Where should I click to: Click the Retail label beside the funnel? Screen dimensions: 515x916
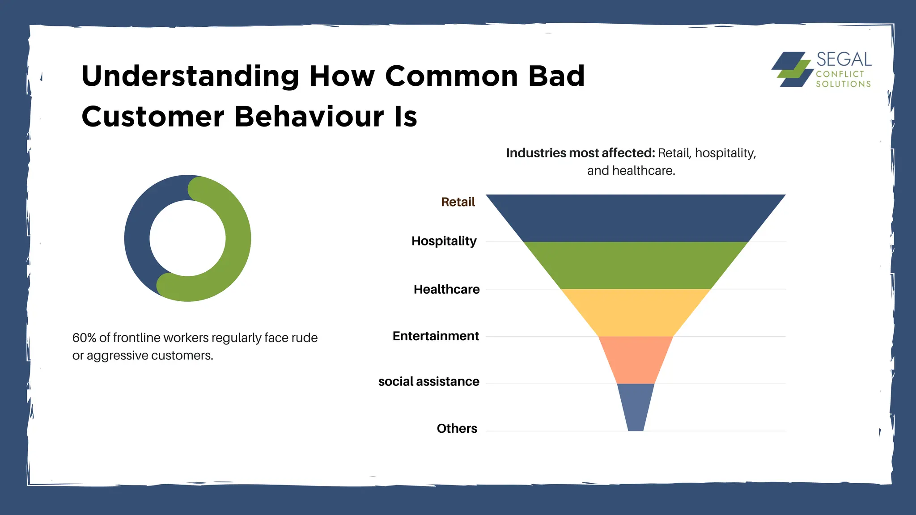point(458,202)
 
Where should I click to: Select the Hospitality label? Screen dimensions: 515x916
point(444,241)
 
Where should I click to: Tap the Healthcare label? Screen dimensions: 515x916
point(446,289)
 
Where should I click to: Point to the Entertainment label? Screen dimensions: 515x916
point(436,336)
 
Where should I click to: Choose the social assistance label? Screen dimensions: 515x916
point(428,381)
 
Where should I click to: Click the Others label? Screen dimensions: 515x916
point(457,428)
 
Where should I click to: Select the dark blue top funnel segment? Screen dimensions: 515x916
point(635,218)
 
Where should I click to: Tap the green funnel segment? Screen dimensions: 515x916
point(635,266)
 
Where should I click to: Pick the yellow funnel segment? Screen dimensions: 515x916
point(635,312)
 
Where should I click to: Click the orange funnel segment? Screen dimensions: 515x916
point(635,360)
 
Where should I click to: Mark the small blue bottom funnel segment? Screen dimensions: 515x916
point(636,407)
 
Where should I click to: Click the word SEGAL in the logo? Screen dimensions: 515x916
point(844,59)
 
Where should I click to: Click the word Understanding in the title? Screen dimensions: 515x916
point(190,76)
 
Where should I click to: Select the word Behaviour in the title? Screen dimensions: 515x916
point(309,117)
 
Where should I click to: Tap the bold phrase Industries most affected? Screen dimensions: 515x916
point(580,153)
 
